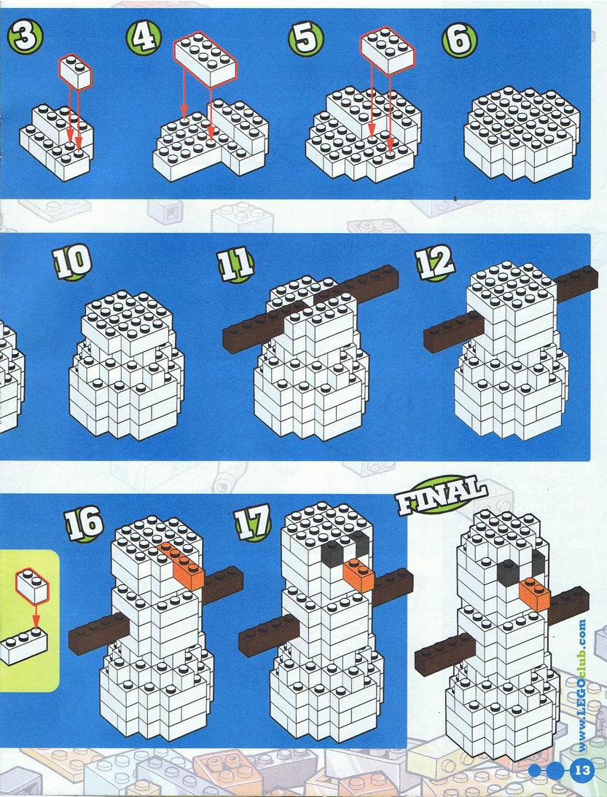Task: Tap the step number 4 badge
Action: pyautogui.click(x=144, y=38)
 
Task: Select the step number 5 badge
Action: pyautogui.click(x=306, y=39)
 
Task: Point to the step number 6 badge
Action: pyautogui.click(x=459, y=39)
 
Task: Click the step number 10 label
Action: pyautogui.click(x=73, y=262)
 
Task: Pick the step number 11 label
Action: pyautogui.click(x=236, y=264)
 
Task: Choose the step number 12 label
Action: pyautogui.click(x=434, y=262)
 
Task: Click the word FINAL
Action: pyautogui.click(x=442, y=495)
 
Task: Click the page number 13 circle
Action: pyautogui.click(x=583, y=770)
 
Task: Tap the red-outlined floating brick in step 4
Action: pyautogui.click(x=205, y=58)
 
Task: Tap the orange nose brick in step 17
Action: pyautogui.click(x=359, y=575)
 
